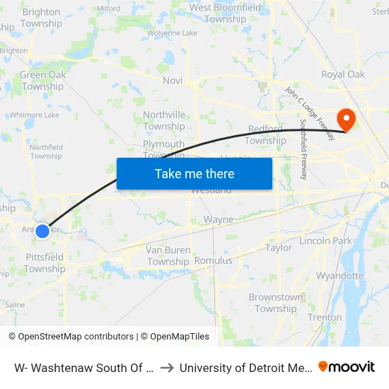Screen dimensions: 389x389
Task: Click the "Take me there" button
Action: click(194, 173)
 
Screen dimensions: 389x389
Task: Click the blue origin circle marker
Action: click(42, 231)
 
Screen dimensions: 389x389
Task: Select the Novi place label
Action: click(173, 81)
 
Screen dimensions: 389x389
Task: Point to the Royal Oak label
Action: click(343, 74)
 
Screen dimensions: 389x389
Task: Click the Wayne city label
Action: click(219, 220)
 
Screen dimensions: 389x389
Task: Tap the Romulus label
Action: click(213, 261)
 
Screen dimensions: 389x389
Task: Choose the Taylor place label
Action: click(279, 248)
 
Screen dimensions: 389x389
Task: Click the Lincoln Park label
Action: click(325, 241)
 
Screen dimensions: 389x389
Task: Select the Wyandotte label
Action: click(339, 276)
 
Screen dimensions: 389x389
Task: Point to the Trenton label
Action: click(325, 318)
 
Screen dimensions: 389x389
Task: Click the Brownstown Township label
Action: click(276, 303)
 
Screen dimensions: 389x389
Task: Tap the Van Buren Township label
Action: click(168, 256)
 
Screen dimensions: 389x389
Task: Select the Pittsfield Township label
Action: click(45, 263)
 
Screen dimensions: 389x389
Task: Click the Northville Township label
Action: click(164, 121)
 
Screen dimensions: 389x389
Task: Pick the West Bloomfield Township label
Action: click(218, 13)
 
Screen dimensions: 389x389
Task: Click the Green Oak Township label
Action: click(42, 81)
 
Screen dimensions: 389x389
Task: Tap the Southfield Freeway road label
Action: click(303, 149)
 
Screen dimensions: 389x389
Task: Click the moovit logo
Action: click(347, 367)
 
